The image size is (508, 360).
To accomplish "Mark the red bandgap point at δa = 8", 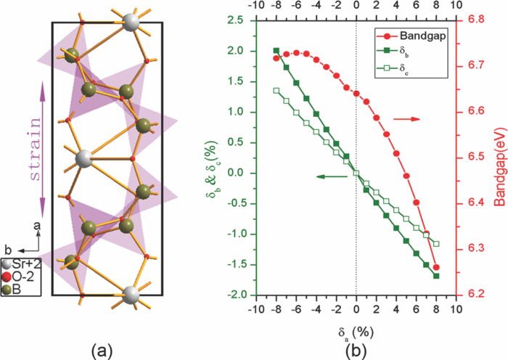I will tap(436, 267).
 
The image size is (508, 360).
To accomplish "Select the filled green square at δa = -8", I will tap(276, 51).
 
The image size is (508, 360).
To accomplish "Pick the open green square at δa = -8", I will tap(276, 91).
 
